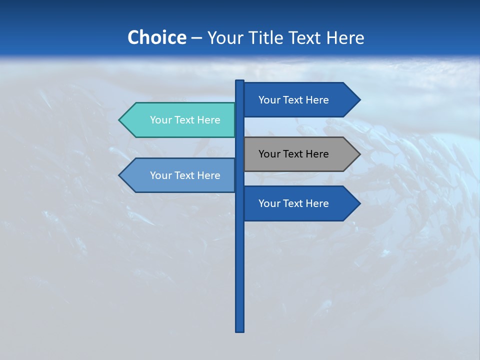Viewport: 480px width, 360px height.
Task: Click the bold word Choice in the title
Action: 156,37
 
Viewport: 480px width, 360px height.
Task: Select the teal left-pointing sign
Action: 180,120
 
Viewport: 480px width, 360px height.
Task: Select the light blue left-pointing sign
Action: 180,175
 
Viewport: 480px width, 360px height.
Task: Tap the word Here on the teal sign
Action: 207,120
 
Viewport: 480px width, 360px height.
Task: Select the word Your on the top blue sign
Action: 269,100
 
